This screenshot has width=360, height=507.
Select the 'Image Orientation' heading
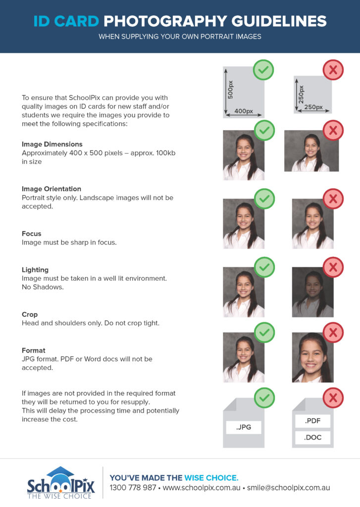pos(51,189)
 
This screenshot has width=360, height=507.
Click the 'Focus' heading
pos(32,234)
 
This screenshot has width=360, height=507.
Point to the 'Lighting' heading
pos(35,270)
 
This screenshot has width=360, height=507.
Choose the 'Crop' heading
pos(30,314)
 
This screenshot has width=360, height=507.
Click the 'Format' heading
pos(34,351)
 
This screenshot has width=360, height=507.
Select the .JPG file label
pos(243,427)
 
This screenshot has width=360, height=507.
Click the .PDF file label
pos(312,421)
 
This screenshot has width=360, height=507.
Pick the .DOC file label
pos(312,437)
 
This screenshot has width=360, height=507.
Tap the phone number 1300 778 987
pos(133,488)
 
